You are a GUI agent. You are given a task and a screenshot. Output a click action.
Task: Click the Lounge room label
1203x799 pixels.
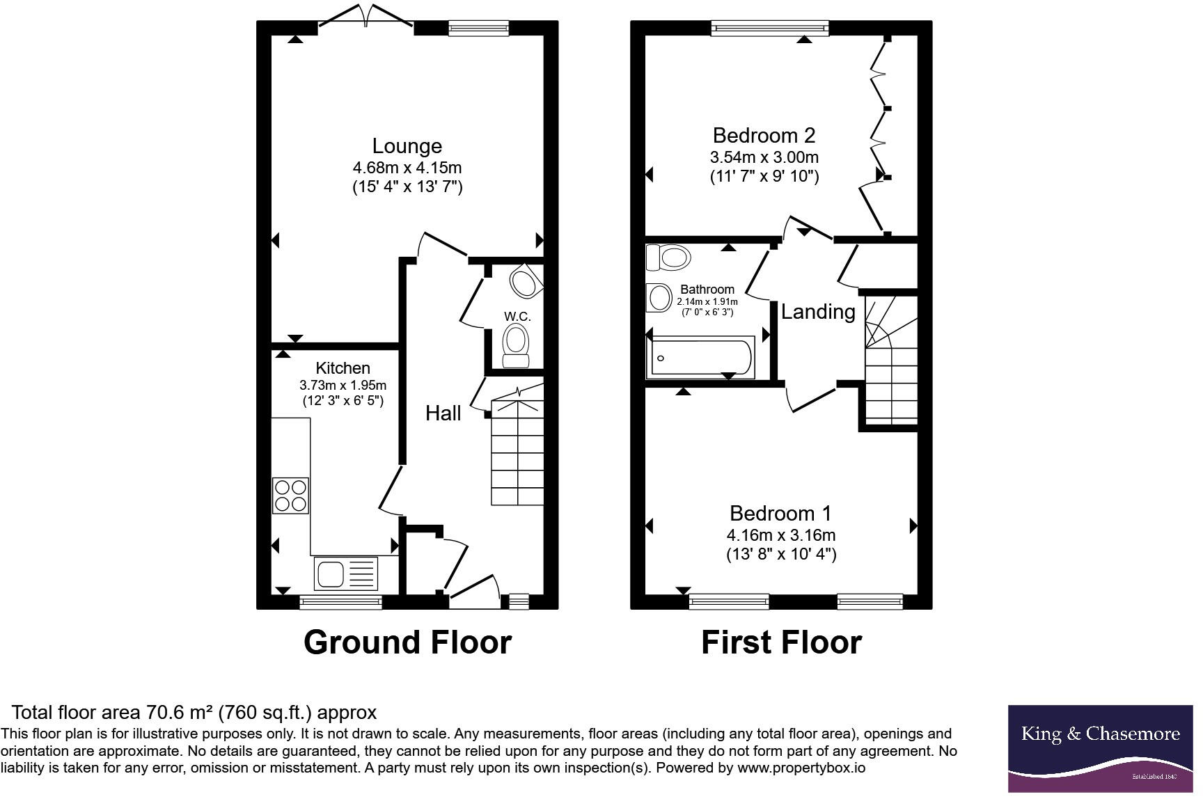pos(407,146)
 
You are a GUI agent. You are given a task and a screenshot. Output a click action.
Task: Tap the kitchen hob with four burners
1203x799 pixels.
pos(290,496)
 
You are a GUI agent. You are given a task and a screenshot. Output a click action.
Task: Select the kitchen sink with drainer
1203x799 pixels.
pos(346,573)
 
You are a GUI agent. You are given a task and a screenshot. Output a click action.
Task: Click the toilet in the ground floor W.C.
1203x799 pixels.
pos(516,345)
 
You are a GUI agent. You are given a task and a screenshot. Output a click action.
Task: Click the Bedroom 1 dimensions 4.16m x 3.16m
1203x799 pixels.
pos(780,535)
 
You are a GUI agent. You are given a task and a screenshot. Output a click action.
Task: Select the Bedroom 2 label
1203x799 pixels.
pos(764,135)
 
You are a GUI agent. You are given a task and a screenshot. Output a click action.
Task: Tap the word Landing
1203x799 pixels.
pos(817,312)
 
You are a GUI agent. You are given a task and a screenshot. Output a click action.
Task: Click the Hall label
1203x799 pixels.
pos(443,413)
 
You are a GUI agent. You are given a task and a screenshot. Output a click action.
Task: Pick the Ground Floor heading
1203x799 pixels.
pos(407,642)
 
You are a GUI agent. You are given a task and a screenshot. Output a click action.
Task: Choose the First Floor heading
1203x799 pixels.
pos(781,642)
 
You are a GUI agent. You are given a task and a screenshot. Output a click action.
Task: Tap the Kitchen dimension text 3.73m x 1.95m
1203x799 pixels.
pos(343,385)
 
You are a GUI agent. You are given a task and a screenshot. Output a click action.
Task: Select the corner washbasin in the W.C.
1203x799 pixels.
pos(524,282)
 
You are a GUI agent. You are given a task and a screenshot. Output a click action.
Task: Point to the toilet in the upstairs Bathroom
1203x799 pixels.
pos(669,258)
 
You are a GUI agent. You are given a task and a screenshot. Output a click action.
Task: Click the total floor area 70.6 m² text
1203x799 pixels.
pos(194,712)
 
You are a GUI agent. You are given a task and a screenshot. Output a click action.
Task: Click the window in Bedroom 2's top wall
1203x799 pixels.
pos(770,28)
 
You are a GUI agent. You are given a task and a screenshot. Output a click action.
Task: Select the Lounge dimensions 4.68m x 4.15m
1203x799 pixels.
pos(407,168)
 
